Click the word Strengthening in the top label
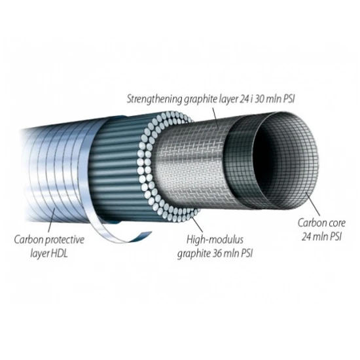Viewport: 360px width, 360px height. click(154, 99)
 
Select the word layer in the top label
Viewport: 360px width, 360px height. click(226, 99)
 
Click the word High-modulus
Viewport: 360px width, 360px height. click(215, 240)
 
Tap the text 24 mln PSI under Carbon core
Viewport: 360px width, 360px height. click(321, 236)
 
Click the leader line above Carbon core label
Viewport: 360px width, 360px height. click(313, 204)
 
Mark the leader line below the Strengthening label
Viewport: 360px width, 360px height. click(216, 118)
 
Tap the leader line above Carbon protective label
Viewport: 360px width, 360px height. click(52, 220)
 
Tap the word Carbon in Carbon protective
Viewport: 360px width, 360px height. click(28, 240)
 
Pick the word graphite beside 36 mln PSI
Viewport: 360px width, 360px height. click(194, 254)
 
